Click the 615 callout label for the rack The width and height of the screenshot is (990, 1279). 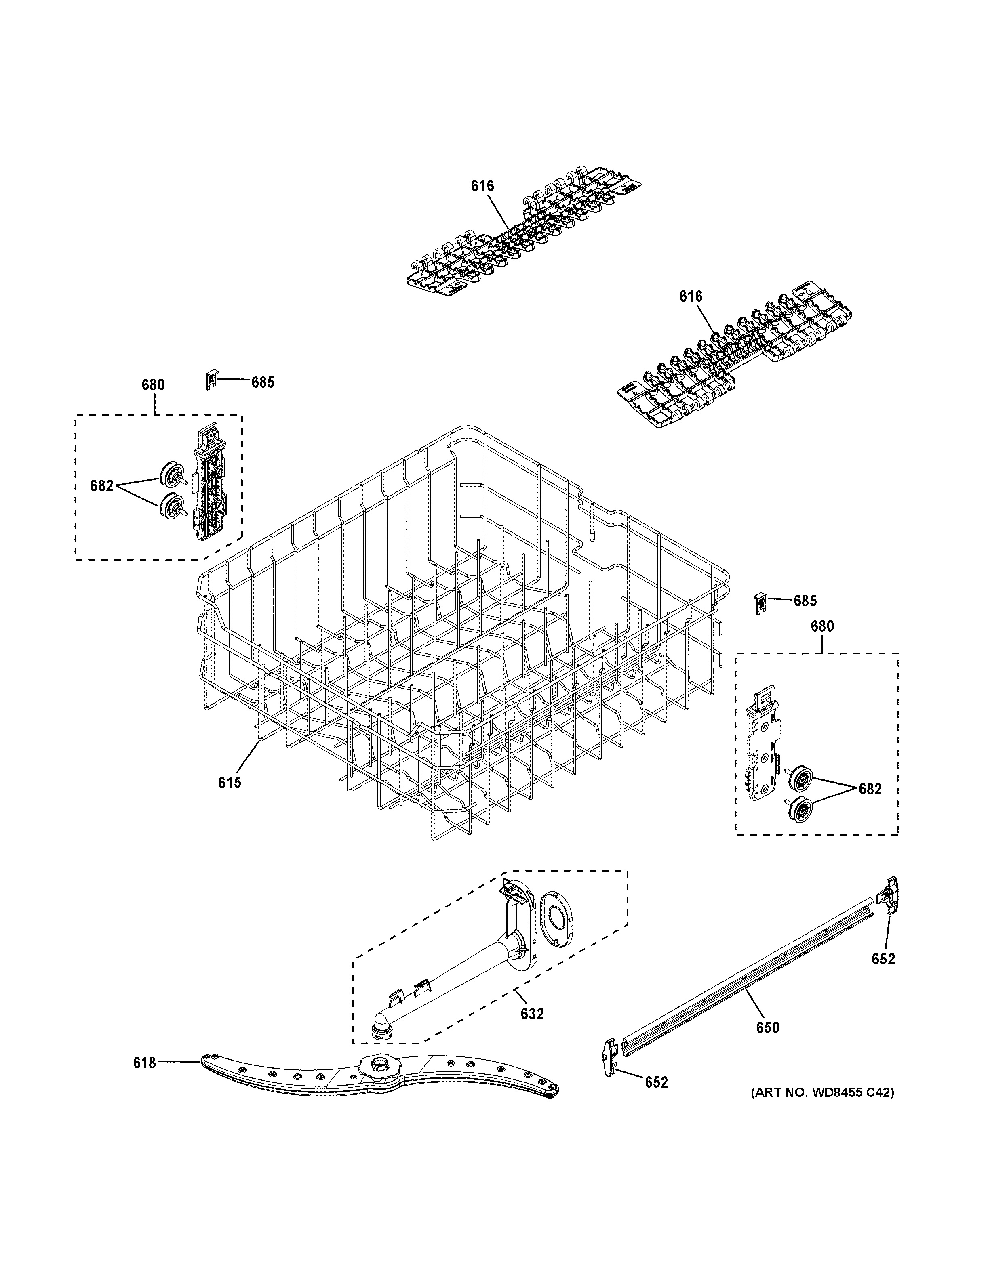pos(229,782)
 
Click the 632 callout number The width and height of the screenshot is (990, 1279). pos(532,1013)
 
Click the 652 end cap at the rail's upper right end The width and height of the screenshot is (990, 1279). pos(888,895)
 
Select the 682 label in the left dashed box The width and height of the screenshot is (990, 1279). pos(101,485)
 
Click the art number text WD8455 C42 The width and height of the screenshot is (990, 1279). pos(822,1092)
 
